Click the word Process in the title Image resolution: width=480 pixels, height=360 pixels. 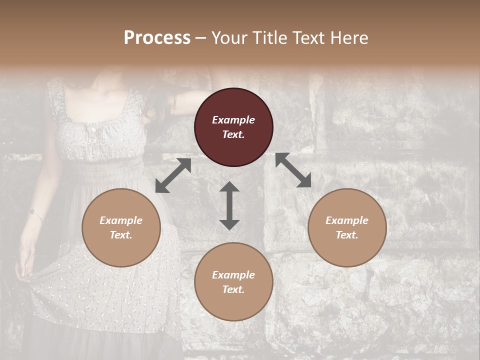pyautogui.click(x=157, y=38)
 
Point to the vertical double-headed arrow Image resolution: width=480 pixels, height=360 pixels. pyautogui.click(x=229, y=205)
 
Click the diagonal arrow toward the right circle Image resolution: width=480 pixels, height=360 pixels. pyautogui.click(x=293, y=170)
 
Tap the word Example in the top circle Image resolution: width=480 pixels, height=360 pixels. pyautogui.click(x=233, y=120)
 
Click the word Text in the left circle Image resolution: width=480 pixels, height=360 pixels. pyautogui.click(x=121, y=235)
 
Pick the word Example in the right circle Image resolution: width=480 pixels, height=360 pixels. pyautogui.click(x=347, y=220)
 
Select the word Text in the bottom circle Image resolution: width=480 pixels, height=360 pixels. pyautogui.click(x=233, y=289)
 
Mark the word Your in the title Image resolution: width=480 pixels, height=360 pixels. pyautogui.click(x=227, y=38)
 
